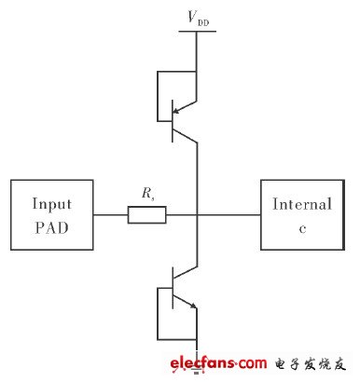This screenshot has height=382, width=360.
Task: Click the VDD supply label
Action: coord(197,17)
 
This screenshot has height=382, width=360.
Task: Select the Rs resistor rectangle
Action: coord(146,215)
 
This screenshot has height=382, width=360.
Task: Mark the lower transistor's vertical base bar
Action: coord(173,291)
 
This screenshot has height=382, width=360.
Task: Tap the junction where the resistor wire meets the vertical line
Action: coord(198,215)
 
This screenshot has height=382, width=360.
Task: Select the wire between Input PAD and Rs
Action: coord(110,215)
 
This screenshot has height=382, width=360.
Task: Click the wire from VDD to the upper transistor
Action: coord(197,56)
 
